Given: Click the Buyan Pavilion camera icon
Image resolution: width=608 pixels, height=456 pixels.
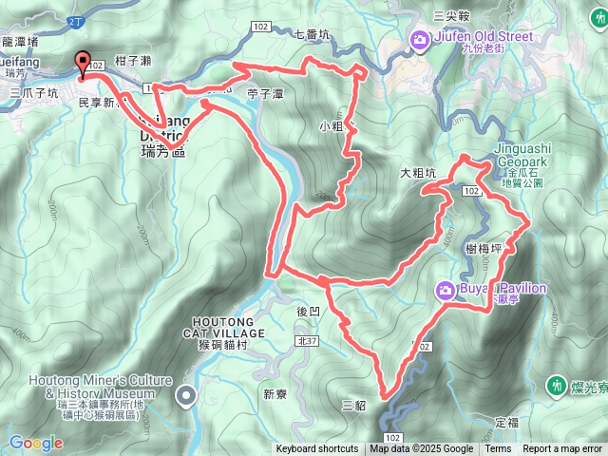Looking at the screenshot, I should (x=444, y=290).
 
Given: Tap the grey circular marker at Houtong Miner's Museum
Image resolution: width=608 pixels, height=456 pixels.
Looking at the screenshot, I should (x=186, y=394).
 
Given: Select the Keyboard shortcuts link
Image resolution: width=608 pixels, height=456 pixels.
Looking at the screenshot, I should (x=317, y=449).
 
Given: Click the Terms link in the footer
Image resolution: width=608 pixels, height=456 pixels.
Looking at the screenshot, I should (x=498, y=449).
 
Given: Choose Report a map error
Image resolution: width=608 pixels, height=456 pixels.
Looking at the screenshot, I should (x=562, y=449).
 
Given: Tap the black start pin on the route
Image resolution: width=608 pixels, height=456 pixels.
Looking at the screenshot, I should (x=82, y=63).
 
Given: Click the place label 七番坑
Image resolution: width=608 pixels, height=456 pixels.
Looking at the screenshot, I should (x=313, y=35).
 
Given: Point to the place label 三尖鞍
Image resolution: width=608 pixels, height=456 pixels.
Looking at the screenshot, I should (x=451, y=15).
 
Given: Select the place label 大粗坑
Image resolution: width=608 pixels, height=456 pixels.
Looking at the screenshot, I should (x=418, y=173).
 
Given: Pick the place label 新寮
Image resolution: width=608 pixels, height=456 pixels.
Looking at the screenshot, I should (x=275, y=393).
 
